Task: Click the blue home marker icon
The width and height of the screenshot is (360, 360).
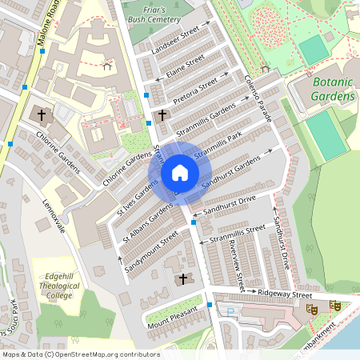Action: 179,173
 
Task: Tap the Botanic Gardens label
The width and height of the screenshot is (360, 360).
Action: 333,89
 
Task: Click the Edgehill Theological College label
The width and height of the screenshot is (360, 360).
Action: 59,284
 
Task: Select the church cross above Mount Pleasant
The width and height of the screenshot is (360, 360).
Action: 183,279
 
